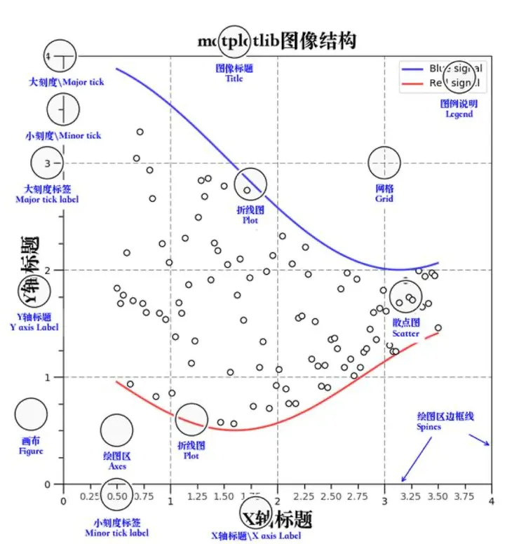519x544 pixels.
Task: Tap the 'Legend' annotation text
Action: click(459, 114)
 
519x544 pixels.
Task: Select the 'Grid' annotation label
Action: click(384, 198)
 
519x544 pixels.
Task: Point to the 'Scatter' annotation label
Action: click(405, 334)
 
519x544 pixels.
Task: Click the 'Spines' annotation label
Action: click(429, 426)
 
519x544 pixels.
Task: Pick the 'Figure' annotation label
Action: click(31, 451)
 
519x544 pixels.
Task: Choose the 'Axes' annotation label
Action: click(117, 465)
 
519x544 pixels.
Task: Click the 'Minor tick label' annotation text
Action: click(116, 533)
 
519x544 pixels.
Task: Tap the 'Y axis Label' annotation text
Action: click(34, 327)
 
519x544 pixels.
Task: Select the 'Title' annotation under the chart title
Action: click(234, 79)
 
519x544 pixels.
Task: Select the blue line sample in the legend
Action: click(412, 69)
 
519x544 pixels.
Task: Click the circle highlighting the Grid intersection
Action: click(384, 163)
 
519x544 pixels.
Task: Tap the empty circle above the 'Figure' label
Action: click(31, 414)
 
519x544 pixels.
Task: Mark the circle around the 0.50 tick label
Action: click(116, 495)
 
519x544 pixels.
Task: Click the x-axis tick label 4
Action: click(491, 501)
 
